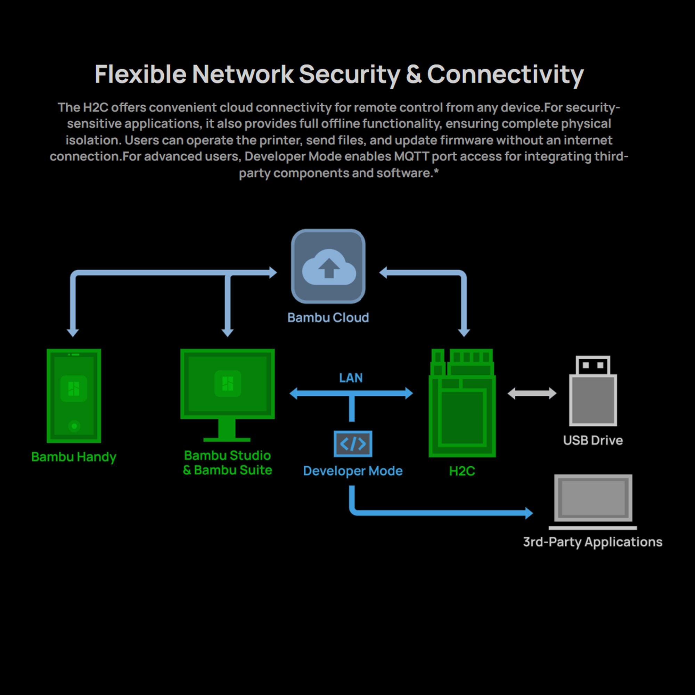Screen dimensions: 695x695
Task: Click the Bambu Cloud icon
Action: pyautogui.click(x=328, y=266)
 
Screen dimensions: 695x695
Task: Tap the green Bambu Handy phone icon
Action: pyautogui.click(x=74, y=396)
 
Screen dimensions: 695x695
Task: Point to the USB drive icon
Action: pyautogui.click(x=593, y=392)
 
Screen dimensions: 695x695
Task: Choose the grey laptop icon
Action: pyautogui.click(x=593, y=502)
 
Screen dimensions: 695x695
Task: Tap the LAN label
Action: pyautogui.click(x=351, y=378)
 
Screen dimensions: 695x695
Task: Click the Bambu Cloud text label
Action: pyautogui.click(x=328, y=318)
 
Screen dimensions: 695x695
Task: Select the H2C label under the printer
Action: pyautogui.click(x=462, y=471)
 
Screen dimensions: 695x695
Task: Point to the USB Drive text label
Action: pyautogui.click(x=593, y=440)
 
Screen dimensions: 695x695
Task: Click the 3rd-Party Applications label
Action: pyautogui.click(x=592, y=542)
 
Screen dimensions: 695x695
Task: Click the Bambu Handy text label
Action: pyautogui.click(x=74, y=457)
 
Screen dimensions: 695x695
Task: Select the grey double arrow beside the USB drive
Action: pyautogui.click(x=532, y=393)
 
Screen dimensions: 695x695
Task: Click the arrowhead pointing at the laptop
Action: pyautogui.click(x=529, y=513)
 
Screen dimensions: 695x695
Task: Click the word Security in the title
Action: pyautogui.click(x=349, y=74)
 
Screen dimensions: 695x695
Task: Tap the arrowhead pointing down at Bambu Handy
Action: pyautogui.click(x=73, y=333)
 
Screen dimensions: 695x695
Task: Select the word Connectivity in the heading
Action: pyautogui.click(x=505, y=74)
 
